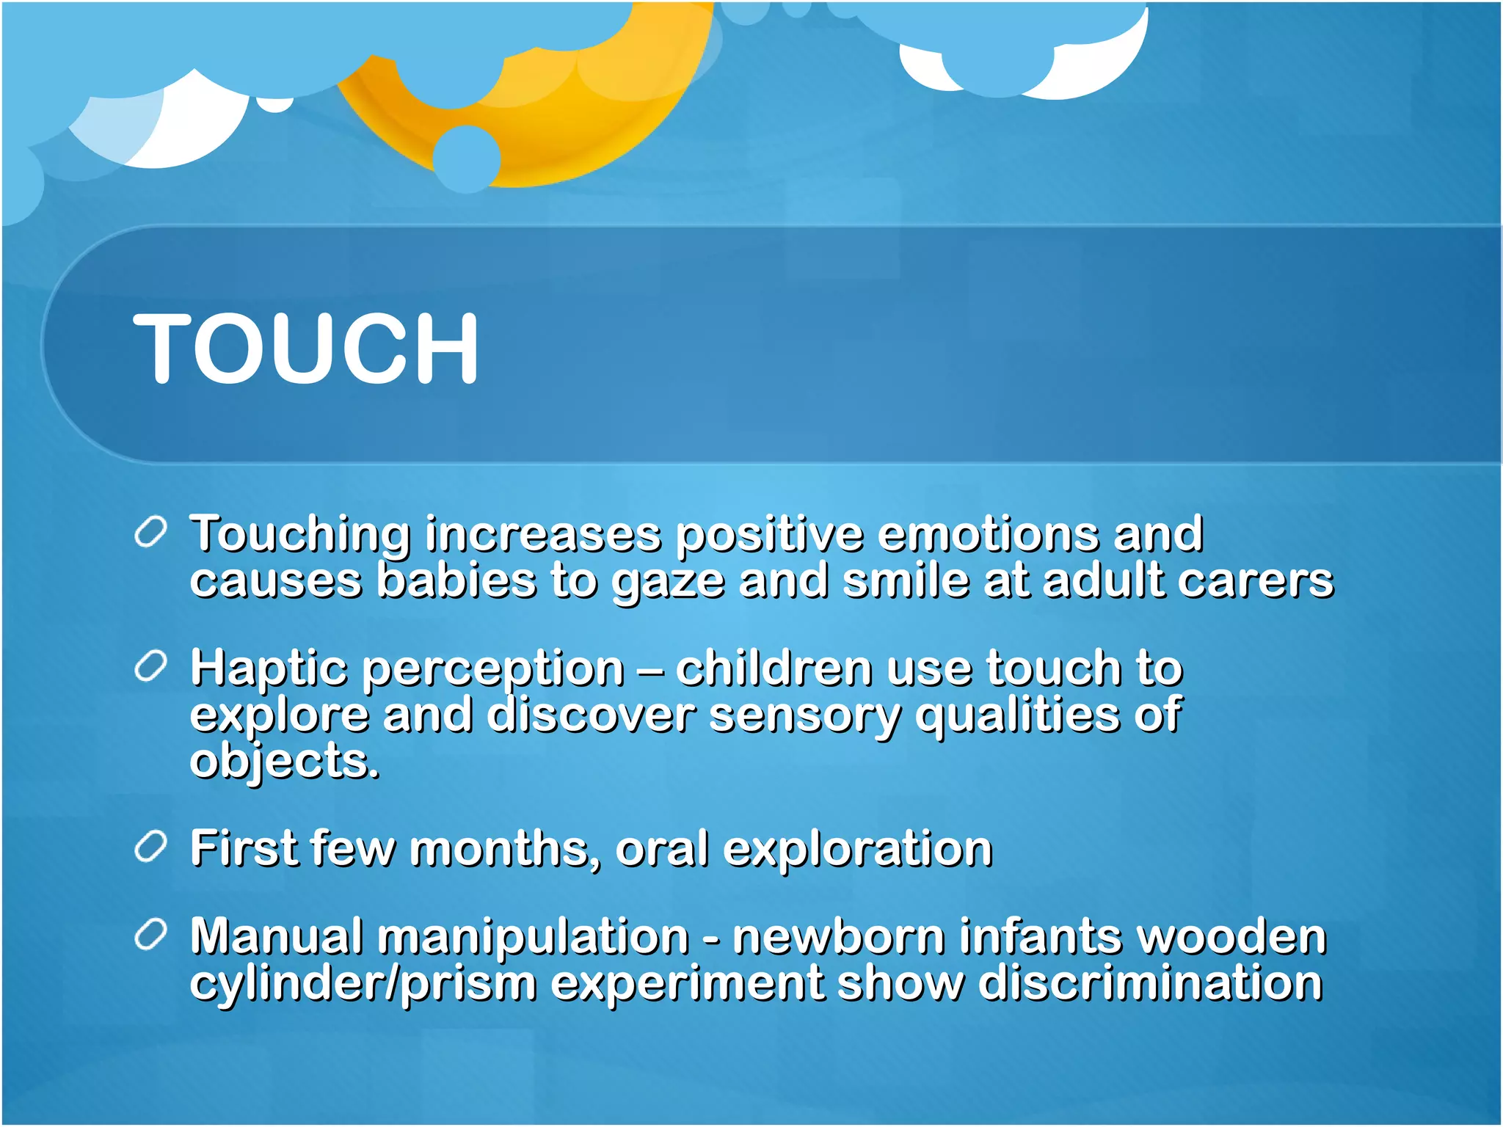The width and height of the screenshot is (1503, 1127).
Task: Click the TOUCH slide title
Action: (306, 348)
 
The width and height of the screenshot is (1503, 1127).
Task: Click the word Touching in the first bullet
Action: (299, 534)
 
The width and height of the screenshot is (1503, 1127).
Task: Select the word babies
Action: (456, 580)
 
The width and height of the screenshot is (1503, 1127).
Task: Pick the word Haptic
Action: (269, 669)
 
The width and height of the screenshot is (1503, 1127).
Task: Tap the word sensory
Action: (804, 716)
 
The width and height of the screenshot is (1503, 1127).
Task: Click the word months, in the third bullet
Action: (506, 848)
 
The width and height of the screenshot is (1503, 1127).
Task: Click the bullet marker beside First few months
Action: (151, 848)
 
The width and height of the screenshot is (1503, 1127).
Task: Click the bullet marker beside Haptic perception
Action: (151, 667)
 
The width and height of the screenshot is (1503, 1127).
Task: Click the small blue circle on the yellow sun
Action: (467, 158)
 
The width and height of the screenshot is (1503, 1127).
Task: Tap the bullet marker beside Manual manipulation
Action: (151, 935)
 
